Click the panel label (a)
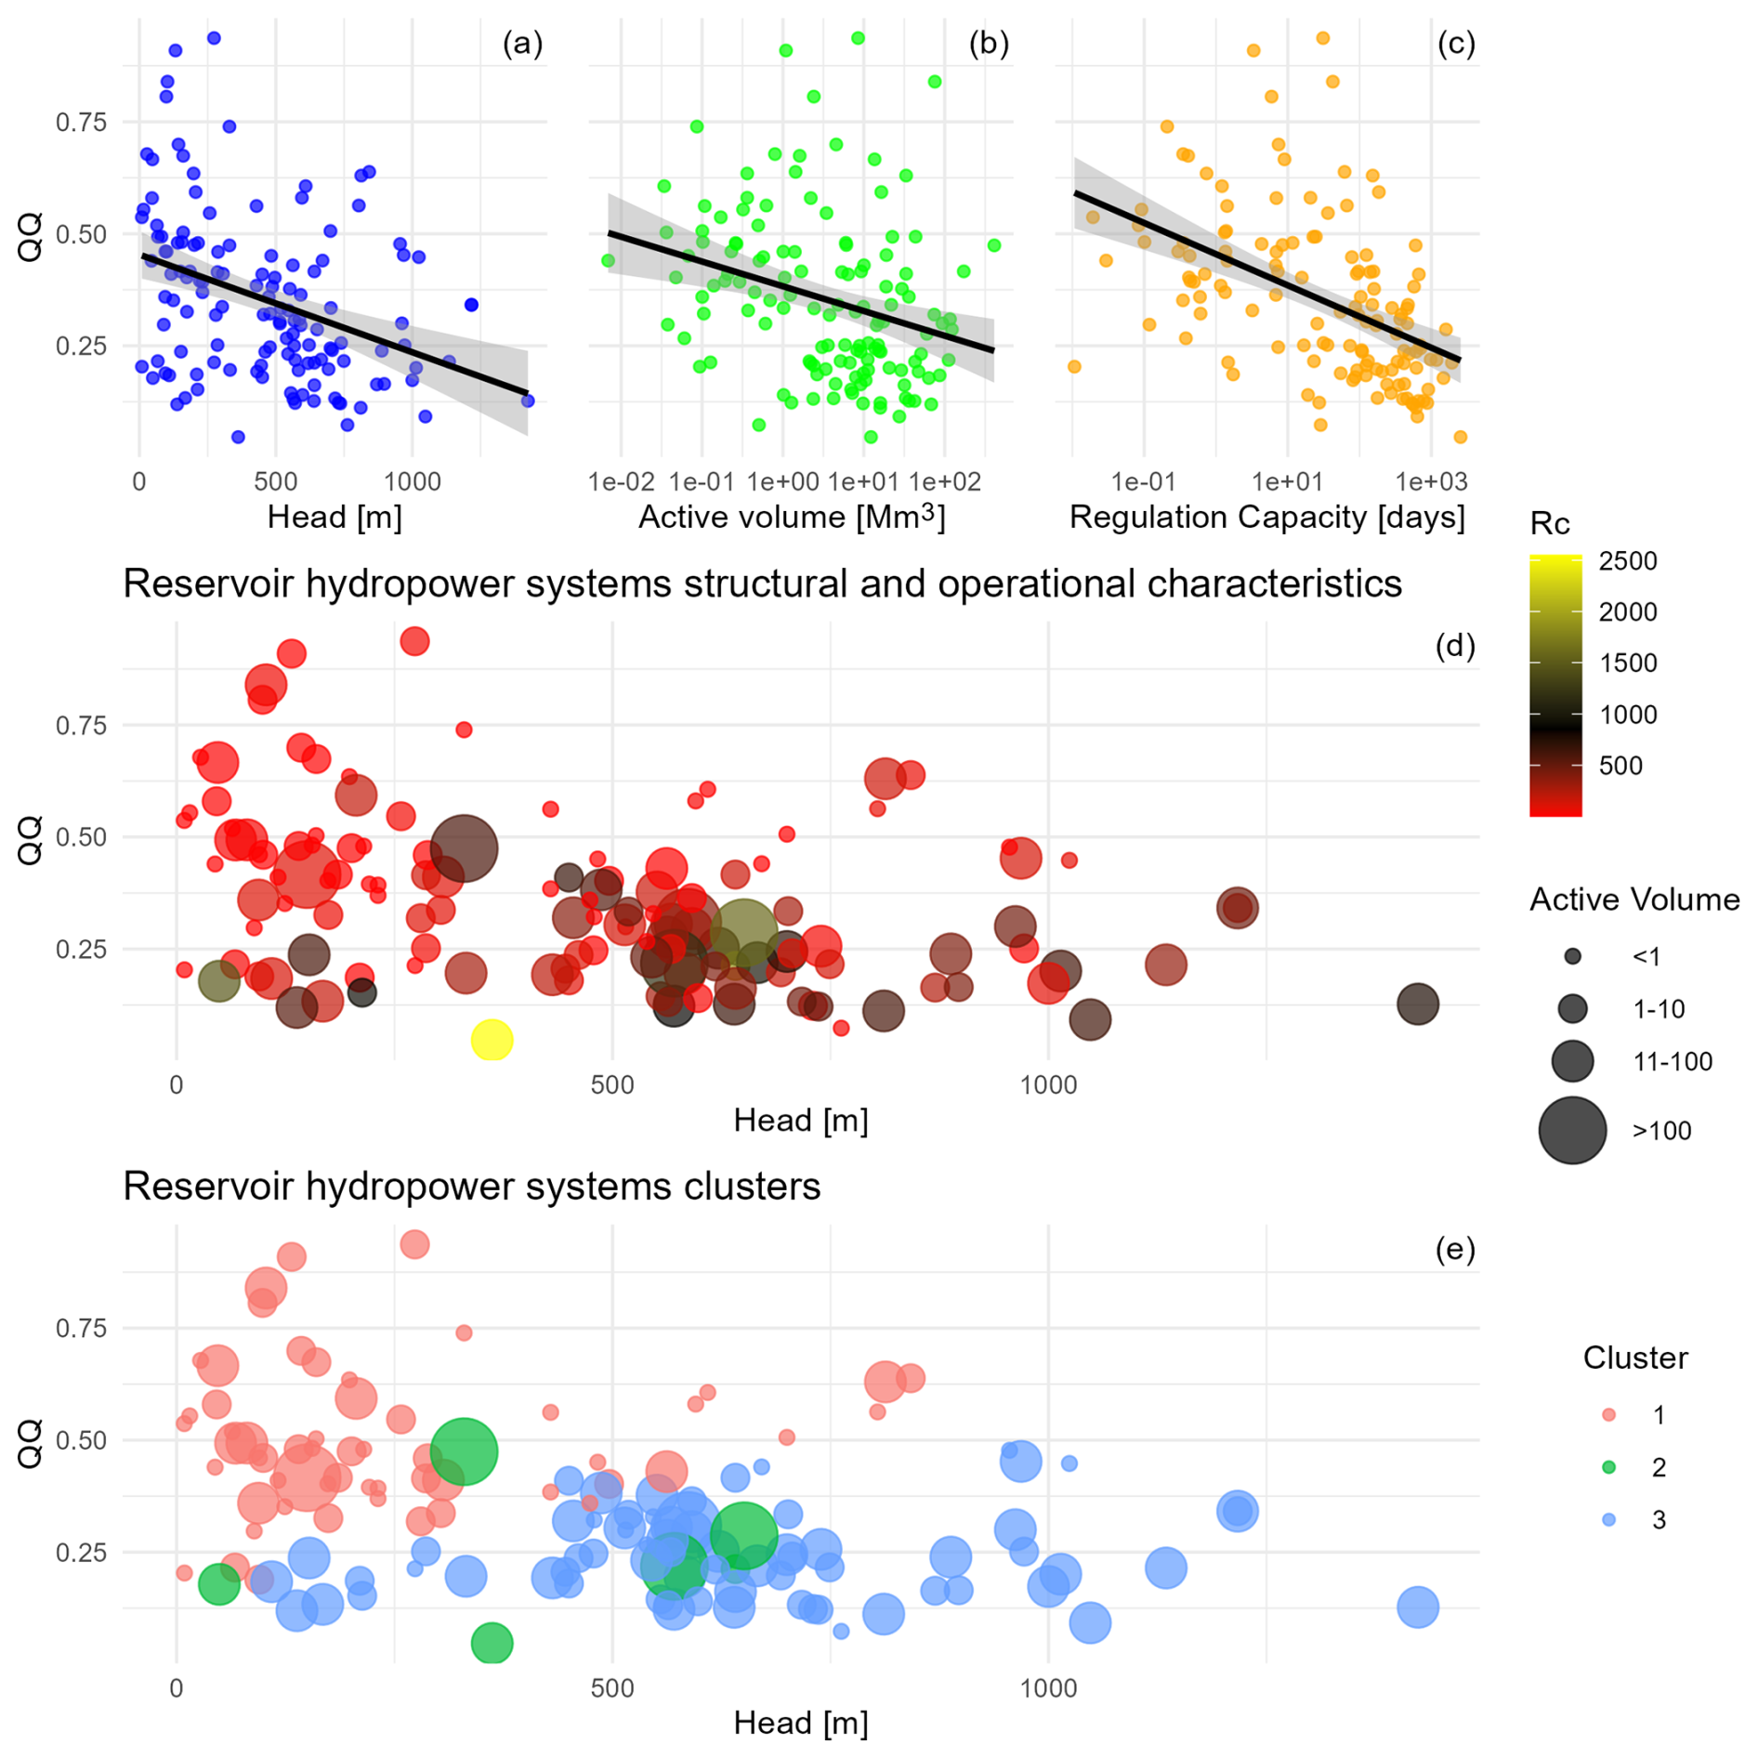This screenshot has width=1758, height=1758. click(522, 44)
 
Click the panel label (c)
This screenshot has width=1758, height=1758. click(1455, 44)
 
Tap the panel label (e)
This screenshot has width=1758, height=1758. click(1454, 1250)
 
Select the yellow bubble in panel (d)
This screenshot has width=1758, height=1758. click(492, 1039)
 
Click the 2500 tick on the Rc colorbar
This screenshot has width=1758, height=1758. click(1627, 561)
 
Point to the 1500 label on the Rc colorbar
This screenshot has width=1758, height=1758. click(1627, 663)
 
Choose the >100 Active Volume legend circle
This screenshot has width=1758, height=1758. click(1572, 1130)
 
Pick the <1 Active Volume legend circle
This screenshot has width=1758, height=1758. click(1572, 956)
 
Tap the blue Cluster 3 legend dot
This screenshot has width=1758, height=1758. click(1608, 1520)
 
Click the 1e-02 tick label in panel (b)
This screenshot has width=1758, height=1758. click(622, 481)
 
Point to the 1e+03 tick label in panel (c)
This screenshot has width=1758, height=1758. click(1431, 481)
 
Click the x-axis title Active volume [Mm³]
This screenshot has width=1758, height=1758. click(792, 517)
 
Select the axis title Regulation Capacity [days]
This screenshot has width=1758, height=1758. click(1266, 517)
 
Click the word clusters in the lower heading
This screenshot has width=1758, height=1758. click(754, 1187)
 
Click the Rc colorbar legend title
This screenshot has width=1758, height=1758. click(1549, 524)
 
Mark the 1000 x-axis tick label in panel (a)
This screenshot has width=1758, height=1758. click(413, 481)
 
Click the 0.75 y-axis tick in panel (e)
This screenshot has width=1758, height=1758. click(81, 1328)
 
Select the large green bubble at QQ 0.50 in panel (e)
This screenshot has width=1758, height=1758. click(464, 1450)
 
